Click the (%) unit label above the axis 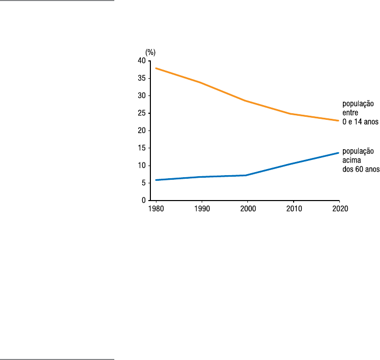point(150,52)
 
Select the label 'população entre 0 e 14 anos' point(360,113)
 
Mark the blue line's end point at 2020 point(338,153)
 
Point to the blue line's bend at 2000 point(246,175)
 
